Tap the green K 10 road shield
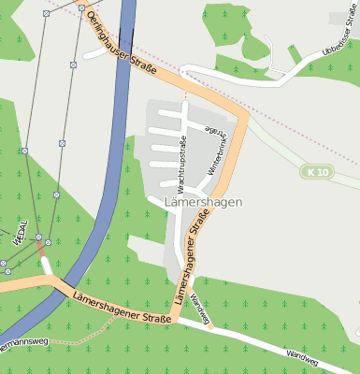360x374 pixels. point(319,172)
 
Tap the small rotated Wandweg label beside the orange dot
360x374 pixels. point(197,306)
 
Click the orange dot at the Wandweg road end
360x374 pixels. point(210,327)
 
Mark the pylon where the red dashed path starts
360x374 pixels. point(39,238)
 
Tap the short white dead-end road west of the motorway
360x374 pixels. point(94,52)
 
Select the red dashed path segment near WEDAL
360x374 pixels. point(41,248)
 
